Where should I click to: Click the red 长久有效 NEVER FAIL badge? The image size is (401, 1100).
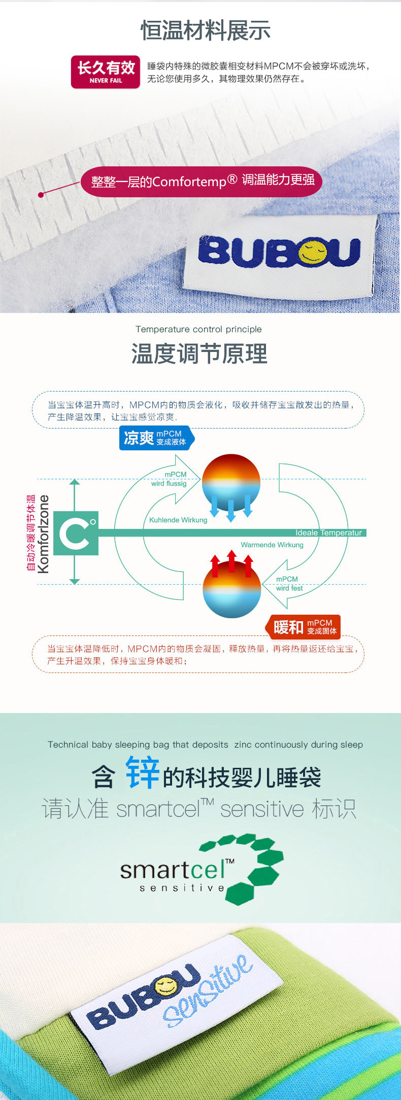[x=106, y=72]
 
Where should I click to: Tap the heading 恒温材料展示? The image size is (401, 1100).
[x=205, y=30]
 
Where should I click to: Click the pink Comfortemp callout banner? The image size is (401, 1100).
[x=202, y=181]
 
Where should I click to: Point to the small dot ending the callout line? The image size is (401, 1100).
[x=41, y=194]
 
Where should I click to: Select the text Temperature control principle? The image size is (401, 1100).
[x=198, y=329]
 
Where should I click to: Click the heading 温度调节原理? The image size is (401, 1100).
[x=199, y=353]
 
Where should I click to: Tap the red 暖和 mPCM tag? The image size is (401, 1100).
[x=304, y=627]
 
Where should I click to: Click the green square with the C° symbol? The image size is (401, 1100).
[x=76, y=533]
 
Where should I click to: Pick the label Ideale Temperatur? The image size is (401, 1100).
[x=328, y=533]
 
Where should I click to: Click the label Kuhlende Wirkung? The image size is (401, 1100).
[x=178, y=520]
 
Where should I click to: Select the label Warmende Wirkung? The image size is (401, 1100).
[x=272, y=545]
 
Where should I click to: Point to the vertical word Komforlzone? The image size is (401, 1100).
[x=44, y=534]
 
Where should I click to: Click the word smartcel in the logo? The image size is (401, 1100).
[x=173, y=870]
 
